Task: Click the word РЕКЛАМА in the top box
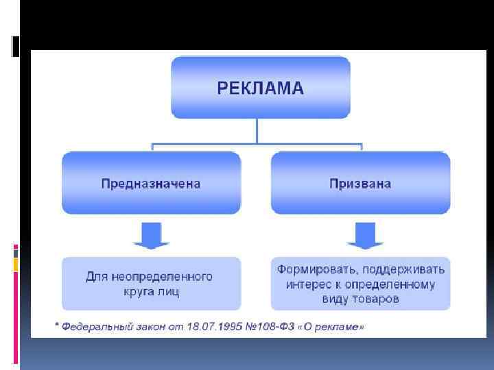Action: pos(260,88)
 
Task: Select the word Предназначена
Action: pos(151,184)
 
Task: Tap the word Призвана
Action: pos(360,184)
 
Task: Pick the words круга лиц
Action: pos(151,292)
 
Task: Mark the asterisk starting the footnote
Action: pos(57,325)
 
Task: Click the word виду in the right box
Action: pos(333,299)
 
